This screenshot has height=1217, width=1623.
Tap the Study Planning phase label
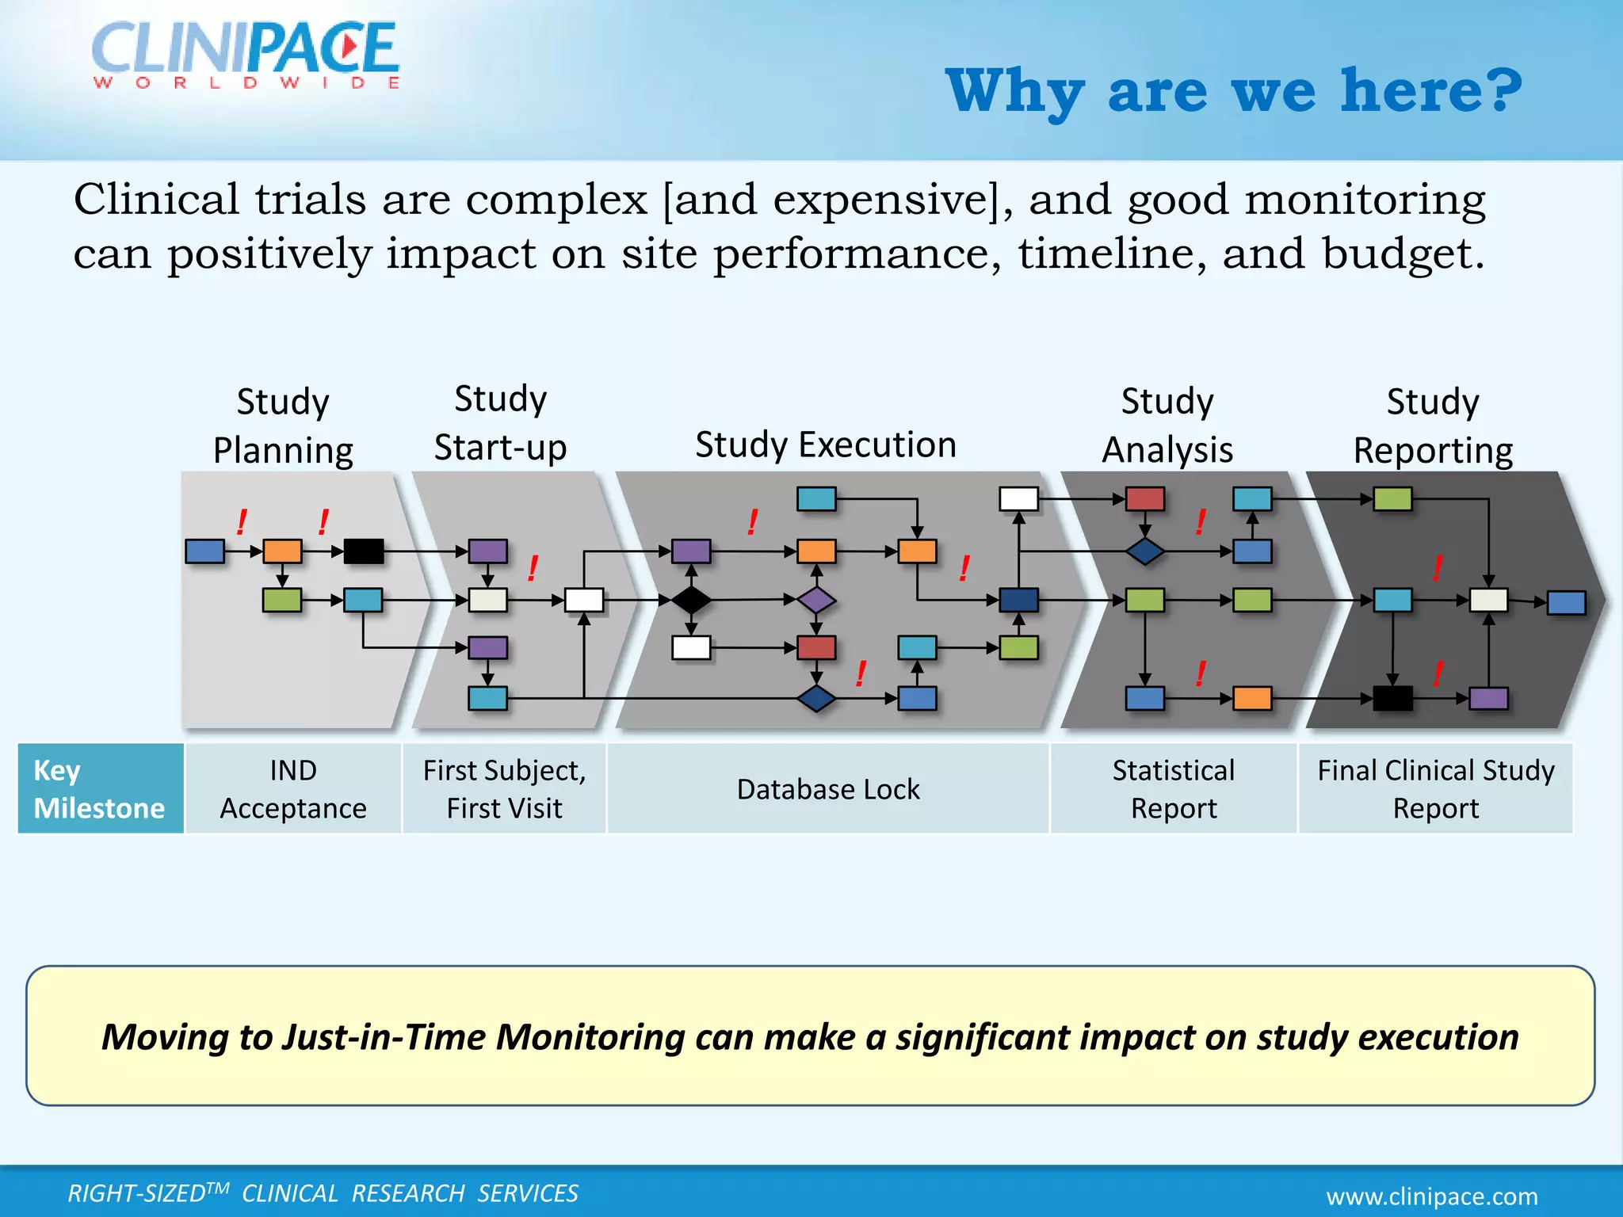(x=283, y=425)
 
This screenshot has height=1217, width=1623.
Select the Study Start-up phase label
(x=500, y=423)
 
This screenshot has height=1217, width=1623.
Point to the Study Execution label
(x=826, y=444)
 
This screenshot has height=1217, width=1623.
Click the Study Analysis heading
(x=1167, y=425)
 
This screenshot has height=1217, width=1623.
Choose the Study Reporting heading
(x=1433, y=425)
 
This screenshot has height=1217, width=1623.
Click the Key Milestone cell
(x=100, y=788)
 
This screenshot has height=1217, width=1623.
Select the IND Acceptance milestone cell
(x=293, y=788)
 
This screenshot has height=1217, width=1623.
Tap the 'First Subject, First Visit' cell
(x=504, y=788)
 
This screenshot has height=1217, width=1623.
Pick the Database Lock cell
(x=828, y=789)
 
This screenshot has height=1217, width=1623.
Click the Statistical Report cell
(x=1173, y=788)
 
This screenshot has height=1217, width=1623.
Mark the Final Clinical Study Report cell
(x=1435, y=788)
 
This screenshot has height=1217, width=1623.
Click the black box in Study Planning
(x=364, y=551)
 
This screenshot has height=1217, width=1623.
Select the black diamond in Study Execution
(x=691, y=600)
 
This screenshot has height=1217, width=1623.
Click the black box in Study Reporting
(x=1392, y=698)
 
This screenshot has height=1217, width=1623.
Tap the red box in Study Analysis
(x=1144, y=499)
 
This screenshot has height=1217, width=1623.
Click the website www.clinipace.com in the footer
(x=1432, y=1196)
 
